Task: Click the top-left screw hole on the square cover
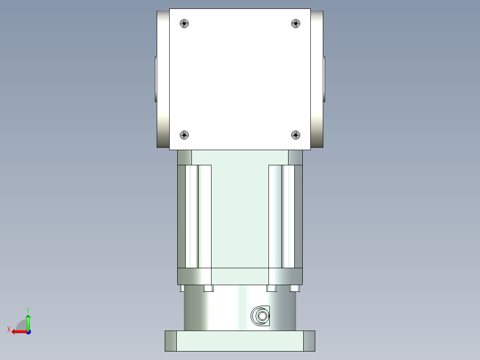pos(184,24)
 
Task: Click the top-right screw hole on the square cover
pos(296,24)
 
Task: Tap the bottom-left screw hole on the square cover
pos(184,135)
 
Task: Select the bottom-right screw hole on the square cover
pos(296,135)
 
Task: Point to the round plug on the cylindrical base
pos(261,316)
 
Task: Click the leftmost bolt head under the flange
pos(182,288)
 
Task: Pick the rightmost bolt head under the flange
pos(294,288)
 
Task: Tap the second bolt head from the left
pos(208,288)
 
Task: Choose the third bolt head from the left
pos(272,288)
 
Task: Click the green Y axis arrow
pos(28,322)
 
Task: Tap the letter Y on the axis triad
pos(28,309)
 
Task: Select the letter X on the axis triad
pos(9,329)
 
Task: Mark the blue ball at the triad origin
pos(28,331)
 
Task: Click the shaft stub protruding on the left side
pos(156,79)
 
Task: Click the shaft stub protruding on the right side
pos(325,79)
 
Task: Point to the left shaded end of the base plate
pos(171,341)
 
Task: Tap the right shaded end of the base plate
pos(309,341)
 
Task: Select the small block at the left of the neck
pos(184,157)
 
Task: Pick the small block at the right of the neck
pos(295,157)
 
